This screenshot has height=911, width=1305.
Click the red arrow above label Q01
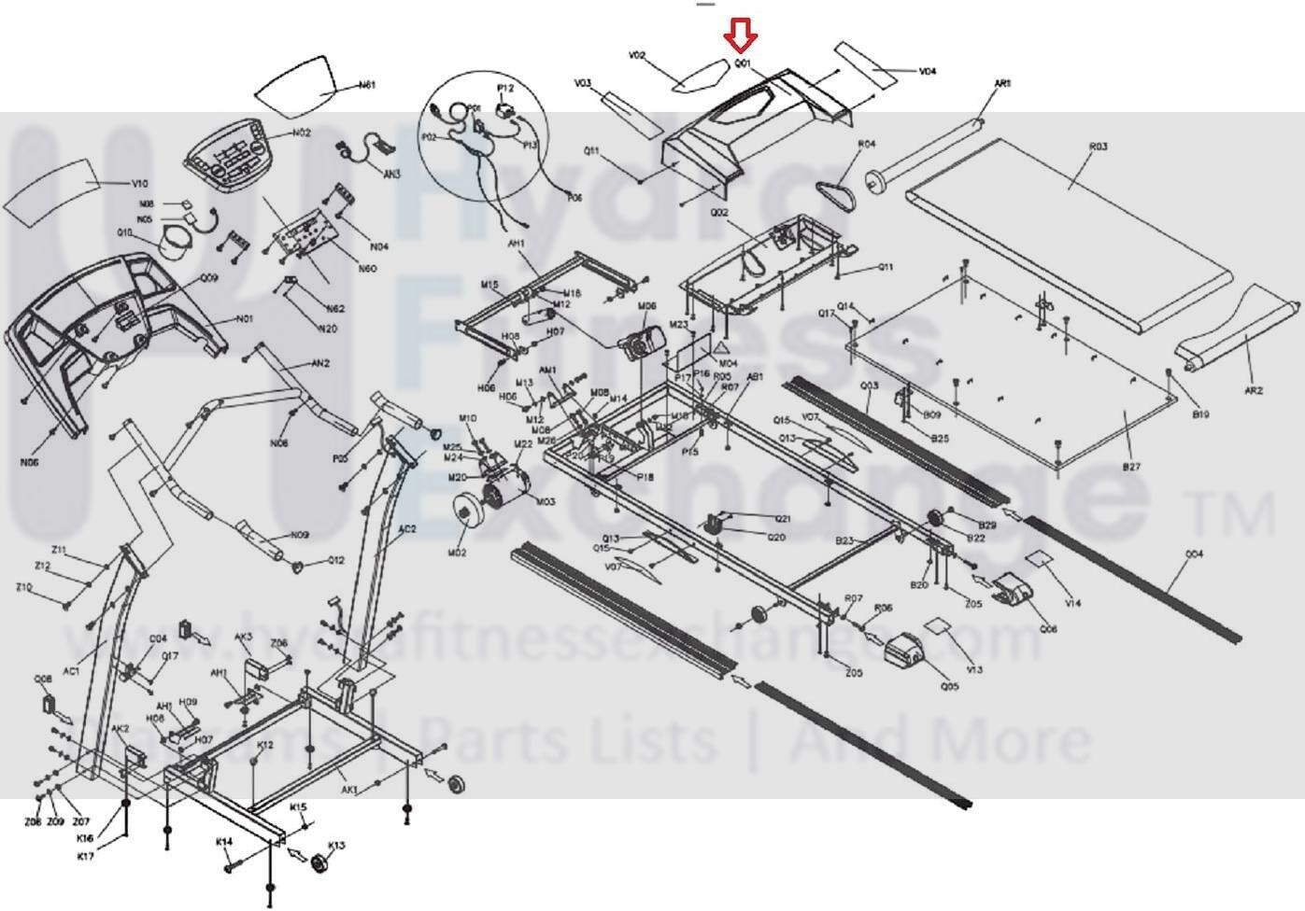741,37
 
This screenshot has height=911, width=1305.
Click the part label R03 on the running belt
1099,147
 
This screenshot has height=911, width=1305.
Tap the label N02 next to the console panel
301,133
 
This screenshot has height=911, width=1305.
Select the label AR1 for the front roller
1002,84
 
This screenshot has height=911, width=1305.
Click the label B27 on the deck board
1131,467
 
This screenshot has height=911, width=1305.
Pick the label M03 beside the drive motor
546,501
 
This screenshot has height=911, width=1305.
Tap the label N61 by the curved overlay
367,85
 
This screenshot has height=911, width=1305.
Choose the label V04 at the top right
928,71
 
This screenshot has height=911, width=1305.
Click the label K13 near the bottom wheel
337,846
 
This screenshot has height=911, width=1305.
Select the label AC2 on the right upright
407,529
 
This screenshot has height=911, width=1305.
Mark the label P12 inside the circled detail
505,88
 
